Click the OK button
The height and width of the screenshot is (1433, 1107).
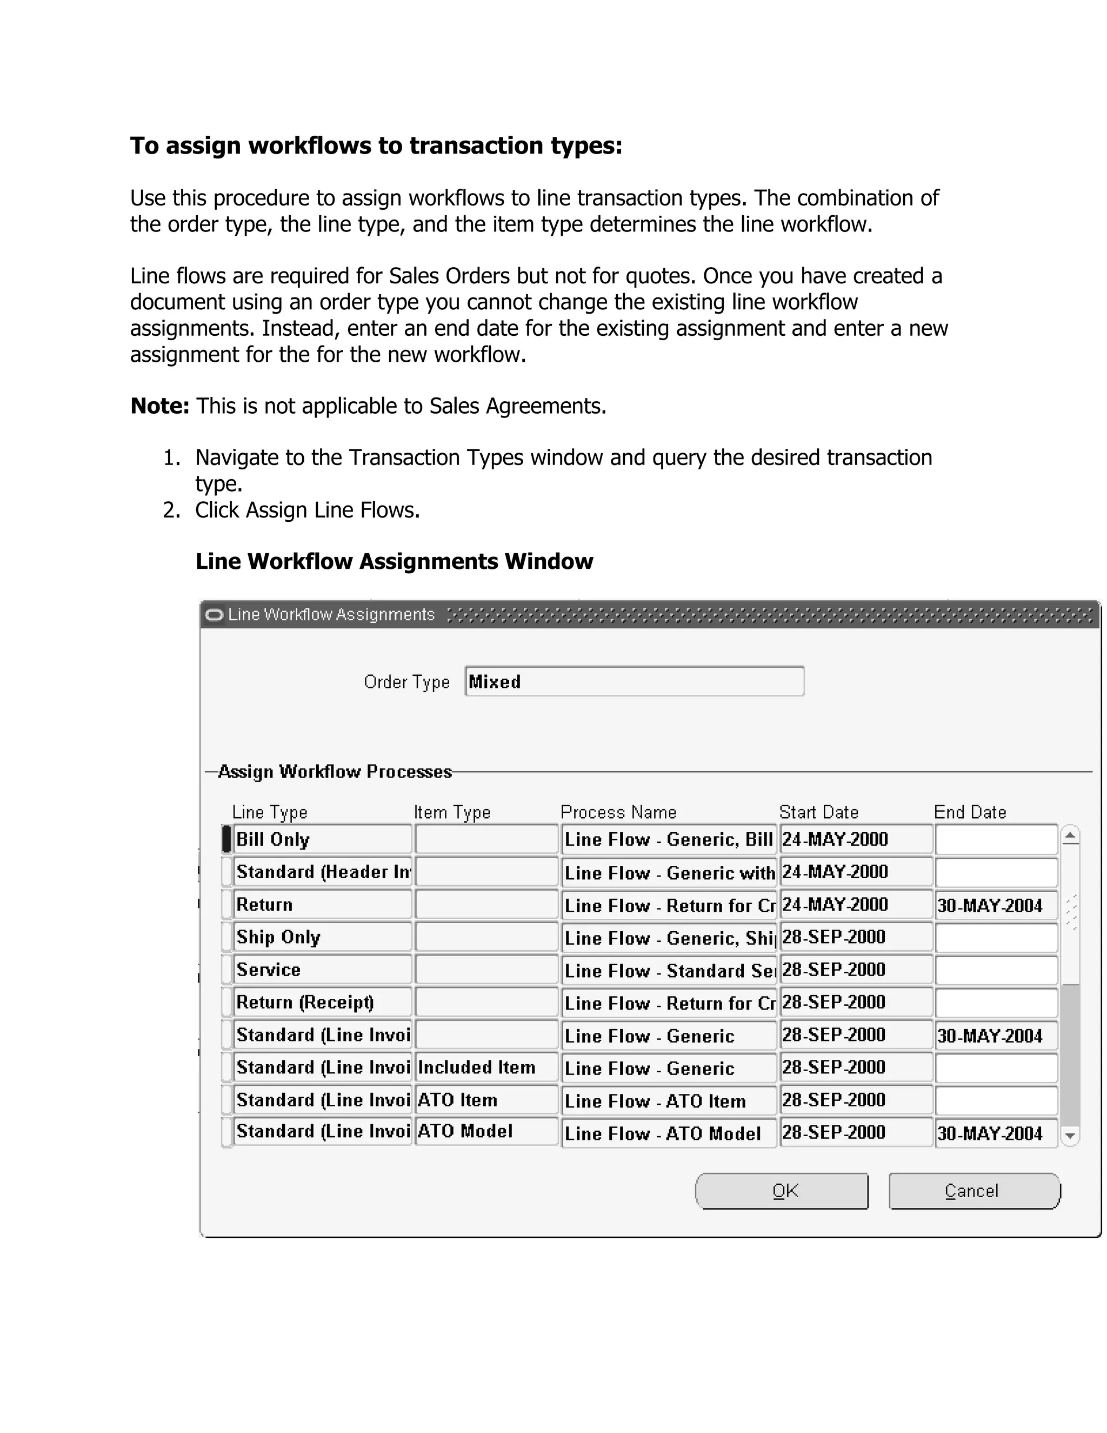tap(782, 1191)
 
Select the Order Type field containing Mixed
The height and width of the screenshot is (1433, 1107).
tap(633, 682)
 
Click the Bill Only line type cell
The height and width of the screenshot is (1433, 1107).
tap(322, 839)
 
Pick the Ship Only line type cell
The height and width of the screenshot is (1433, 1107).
tap(322, 937)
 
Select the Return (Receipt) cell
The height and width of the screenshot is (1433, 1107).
tap(322, 1002)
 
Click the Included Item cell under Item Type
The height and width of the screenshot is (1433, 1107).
tap(486, 1067)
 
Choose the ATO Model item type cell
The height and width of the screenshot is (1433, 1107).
tap(486, 1131)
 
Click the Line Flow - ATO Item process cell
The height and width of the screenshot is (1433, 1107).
tap(668, 1101)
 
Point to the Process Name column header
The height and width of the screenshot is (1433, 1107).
tap(618, 812)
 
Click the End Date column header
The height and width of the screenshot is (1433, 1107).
tap(969, 812)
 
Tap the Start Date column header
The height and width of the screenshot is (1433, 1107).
tap(818, 812)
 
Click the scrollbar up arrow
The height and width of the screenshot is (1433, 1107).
tap(1070, 836)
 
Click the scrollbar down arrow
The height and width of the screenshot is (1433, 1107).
tap(1070, 1136)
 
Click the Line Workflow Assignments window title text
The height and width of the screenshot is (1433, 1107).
tap(331, 615)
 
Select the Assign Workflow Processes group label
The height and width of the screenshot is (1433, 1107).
tap(335, 772)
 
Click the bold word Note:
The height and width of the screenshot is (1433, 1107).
tap(160, 406)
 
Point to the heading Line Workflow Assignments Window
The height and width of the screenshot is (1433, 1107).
tap(394, 562)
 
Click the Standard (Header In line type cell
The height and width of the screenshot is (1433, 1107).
tap(322, 872)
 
